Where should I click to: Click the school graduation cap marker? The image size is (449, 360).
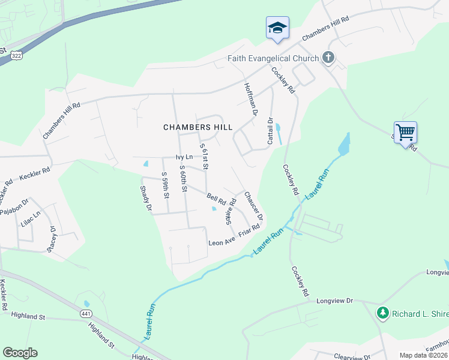click(x=277, y=28)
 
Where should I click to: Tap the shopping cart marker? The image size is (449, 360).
click(x=405, y=131)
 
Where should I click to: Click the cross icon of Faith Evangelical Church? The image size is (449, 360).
click(x=328, y=58)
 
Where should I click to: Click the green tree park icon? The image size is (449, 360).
click(x=382, y=313)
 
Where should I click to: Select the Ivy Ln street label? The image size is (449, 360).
click(x=184, y=157)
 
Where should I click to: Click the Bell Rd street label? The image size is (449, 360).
click(x=215, y=197)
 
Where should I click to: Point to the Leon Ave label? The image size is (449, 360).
click(x=221, y=242)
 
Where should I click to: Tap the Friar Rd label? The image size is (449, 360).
click(x=249, y=231)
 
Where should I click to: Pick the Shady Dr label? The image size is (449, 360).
click(x=145, y=198)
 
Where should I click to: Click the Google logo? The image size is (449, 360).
click(x=20, y=353)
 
